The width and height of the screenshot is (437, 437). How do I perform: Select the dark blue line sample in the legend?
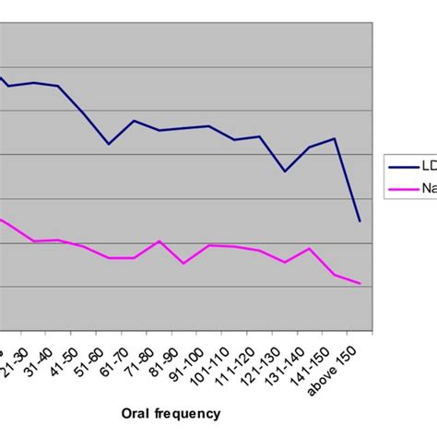click(404, 167)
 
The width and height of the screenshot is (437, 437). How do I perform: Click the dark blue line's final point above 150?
click(360, 221)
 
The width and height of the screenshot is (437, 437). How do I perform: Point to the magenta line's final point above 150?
click(360, 283)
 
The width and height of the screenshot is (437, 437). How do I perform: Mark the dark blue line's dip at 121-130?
click(285, 171)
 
